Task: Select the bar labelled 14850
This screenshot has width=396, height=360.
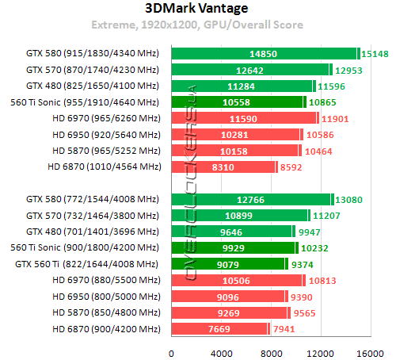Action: coord(263,53)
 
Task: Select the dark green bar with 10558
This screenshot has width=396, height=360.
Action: coord(238,101)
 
